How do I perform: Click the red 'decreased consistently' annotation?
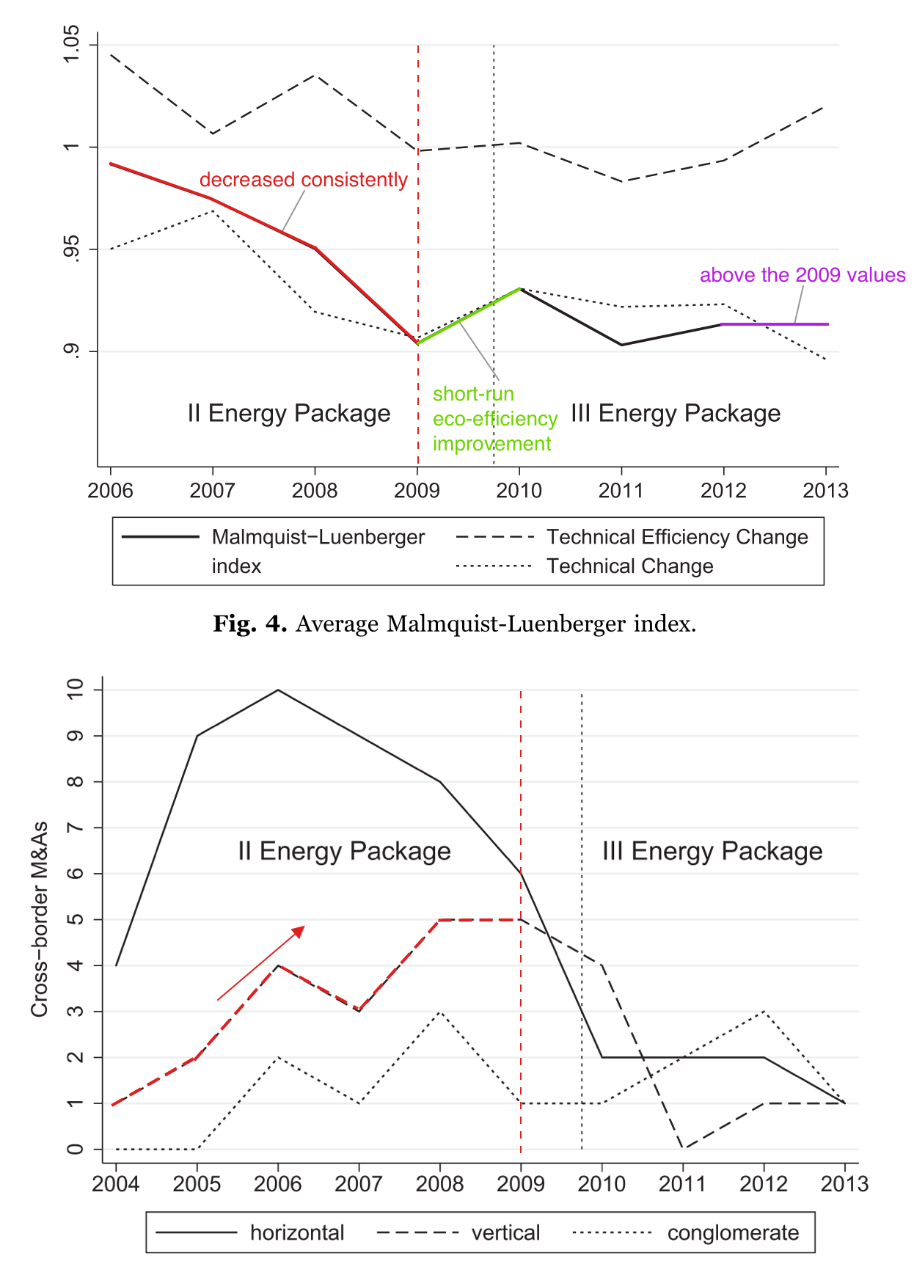(x=303, y=180)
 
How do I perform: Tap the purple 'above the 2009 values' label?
(x=802, y=275)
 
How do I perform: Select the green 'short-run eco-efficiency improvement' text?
(x=494, y=419)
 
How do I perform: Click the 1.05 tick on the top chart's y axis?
(x=71, y=45)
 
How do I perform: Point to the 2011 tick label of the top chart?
(x=621, y=491)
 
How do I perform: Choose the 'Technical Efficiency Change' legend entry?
(x=676, y=537)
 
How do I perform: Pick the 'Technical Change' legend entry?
(x=629, y=566)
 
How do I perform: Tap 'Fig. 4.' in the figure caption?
(x=249, y=624)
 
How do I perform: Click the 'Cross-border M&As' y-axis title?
(x=39, y=918)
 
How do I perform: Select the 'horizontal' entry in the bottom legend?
(x=296, y=1232)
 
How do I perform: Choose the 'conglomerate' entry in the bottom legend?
(x=732, y=1232)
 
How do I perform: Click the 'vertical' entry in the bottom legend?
(x=505, y=1232)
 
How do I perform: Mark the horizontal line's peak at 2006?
(x=278, y=690)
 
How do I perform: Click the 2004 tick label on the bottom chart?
(x=115, y=1183)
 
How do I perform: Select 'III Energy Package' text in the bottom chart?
(x=712, y=851)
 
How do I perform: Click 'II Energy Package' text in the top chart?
(x=288, y=413)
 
